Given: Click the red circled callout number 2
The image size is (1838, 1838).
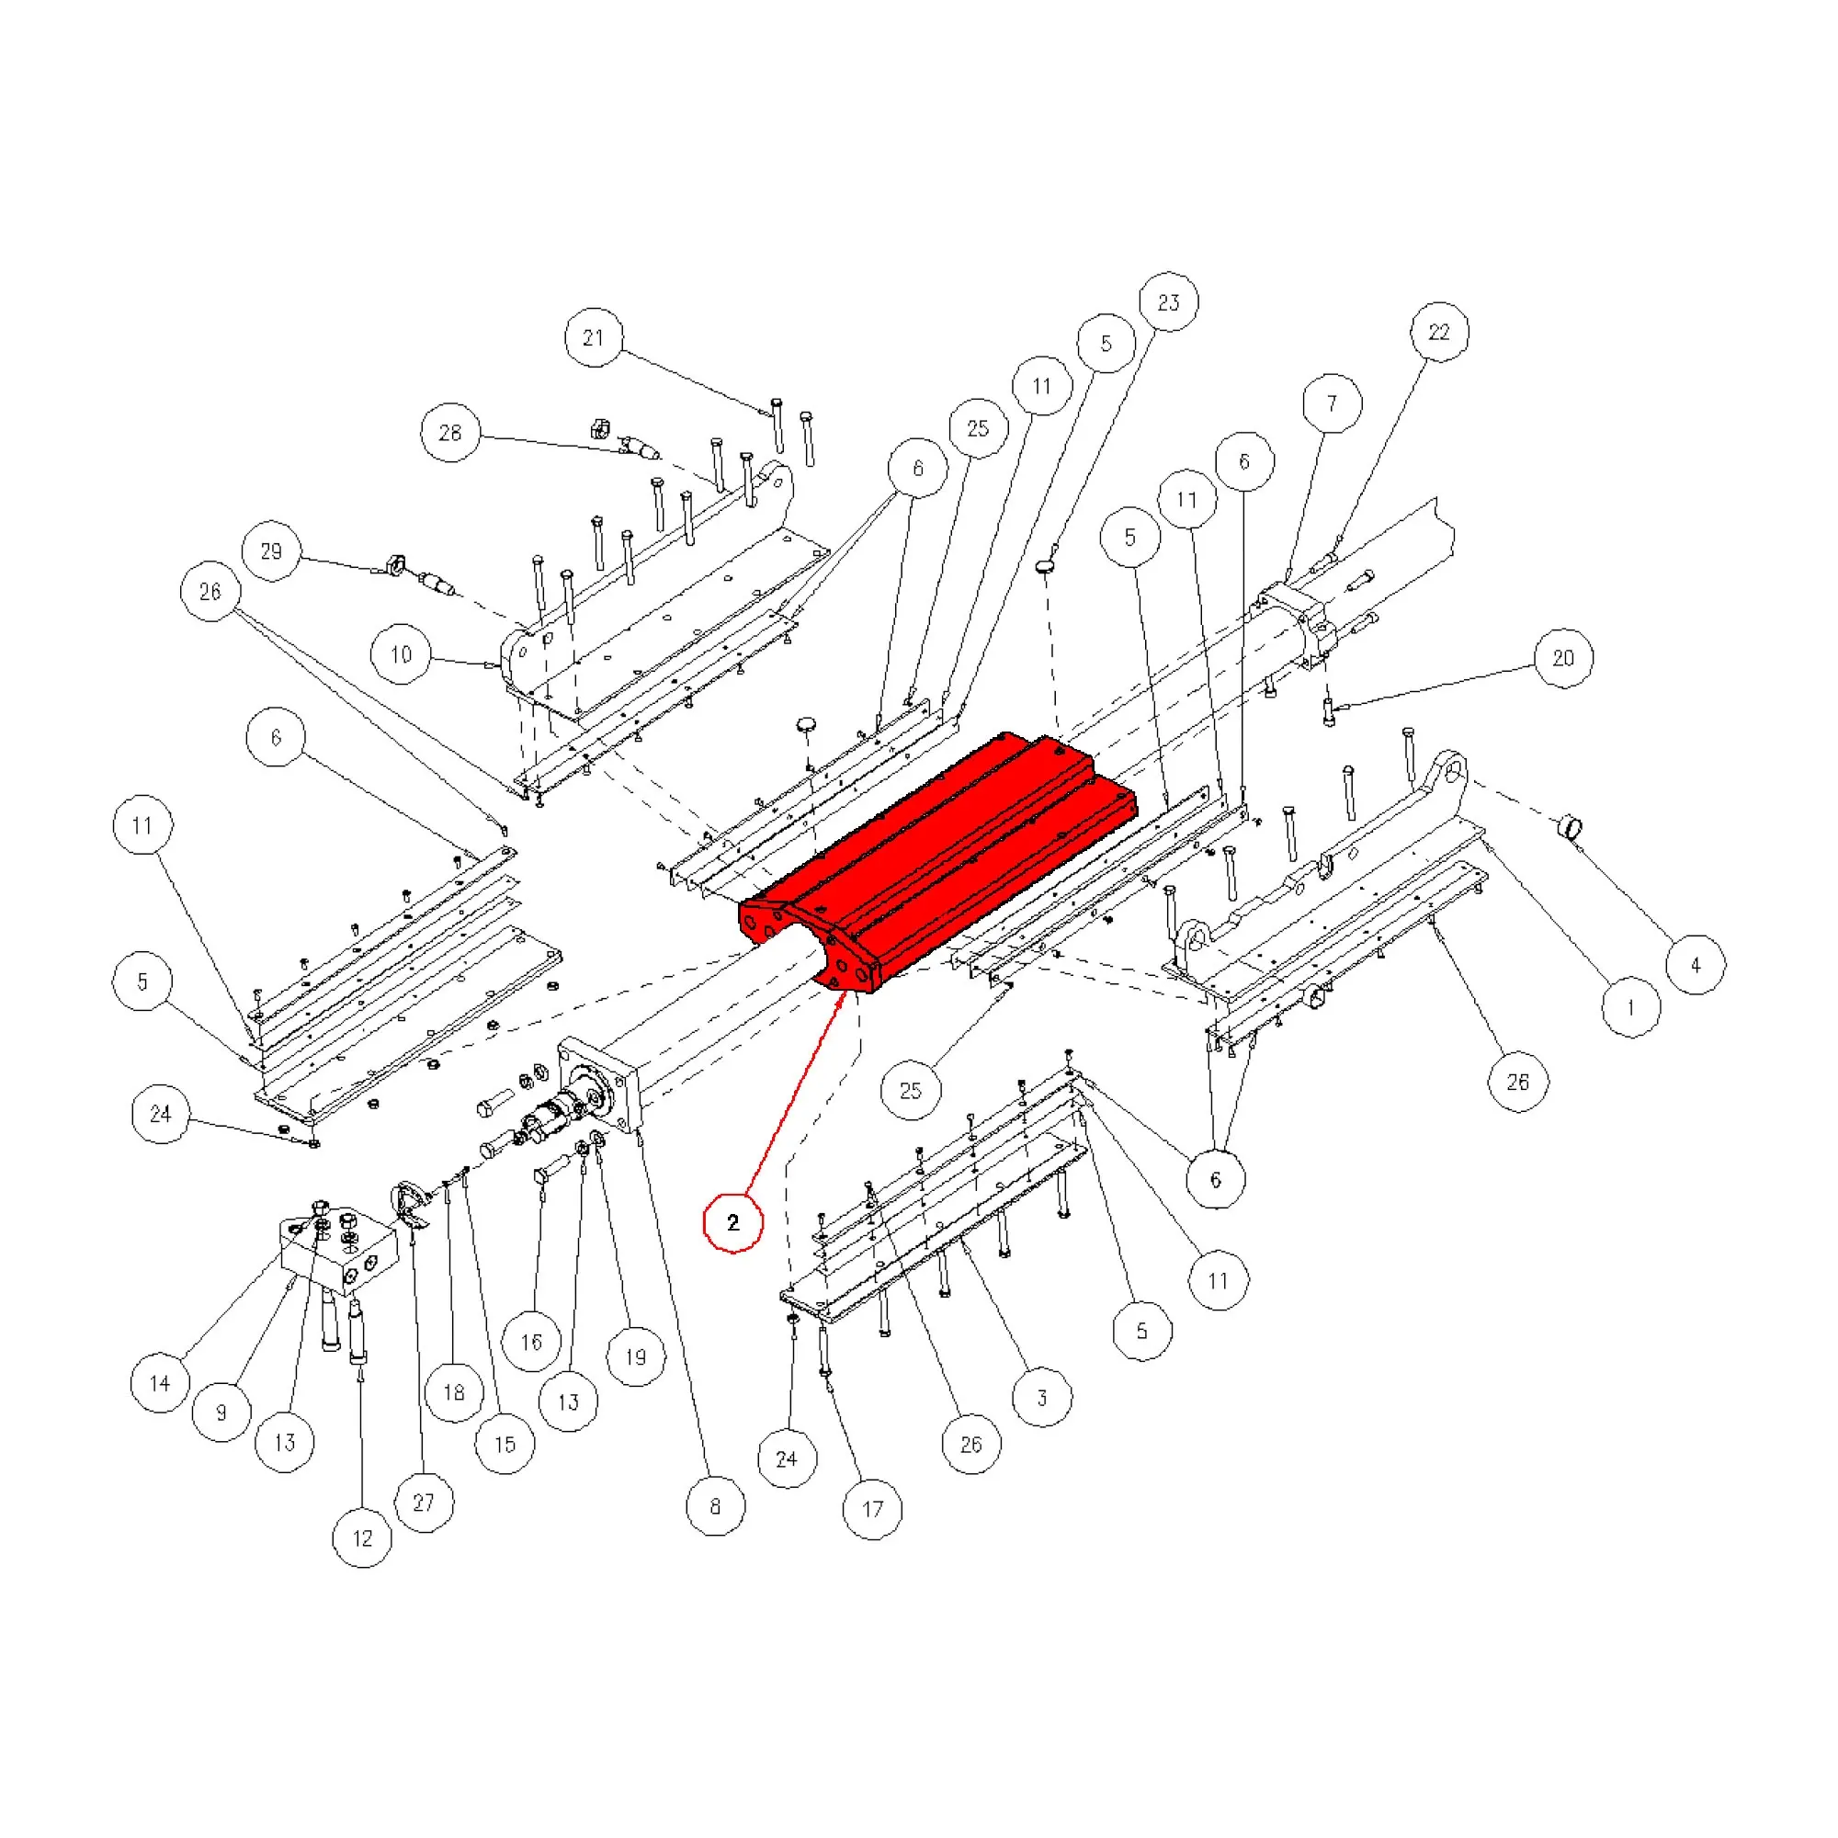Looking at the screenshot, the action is point(732,1222).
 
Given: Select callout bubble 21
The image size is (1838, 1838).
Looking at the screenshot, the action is point(594,337).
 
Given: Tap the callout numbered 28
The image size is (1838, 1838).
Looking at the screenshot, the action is point(450,433).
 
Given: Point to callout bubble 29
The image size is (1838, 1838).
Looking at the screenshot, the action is point(271,550).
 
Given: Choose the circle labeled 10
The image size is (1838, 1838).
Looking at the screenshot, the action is point(401,654).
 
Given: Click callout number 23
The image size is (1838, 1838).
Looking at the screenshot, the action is point(1168,302).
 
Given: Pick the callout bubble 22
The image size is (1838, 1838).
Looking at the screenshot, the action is point(1438,332).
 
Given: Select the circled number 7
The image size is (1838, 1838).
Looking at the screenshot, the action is point(1331,403).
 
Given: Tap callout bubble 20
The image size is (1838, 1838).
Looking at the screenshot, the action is point(1563,657).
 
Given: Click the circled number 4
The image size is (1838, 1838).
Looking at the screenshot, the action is point(1696,966).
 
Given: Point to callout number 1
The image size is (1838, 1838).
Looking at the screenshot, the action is point(1630,1007).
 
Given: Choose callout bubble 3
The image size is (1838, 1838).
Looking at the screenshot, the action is point(1042,1399).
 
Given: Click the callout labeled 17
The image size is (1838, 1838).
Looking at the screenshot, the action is point(872,1509).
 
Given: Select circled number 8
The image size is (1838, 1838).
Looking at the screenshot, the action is point(715,1506).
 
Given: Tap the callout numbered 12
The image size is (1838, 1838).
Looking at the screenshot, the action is point(362,1538).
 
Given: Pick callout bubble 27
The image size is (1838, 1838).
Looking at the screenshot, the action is point(424,1503).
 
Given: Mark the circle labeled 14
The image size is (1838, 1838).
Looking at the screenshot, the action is point(160,1383).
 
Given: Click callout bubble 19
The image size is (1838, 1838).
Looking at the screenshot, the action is point(636,1356).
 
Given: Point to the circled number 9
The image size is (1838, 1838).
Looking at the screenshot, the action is point(221,1413).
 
